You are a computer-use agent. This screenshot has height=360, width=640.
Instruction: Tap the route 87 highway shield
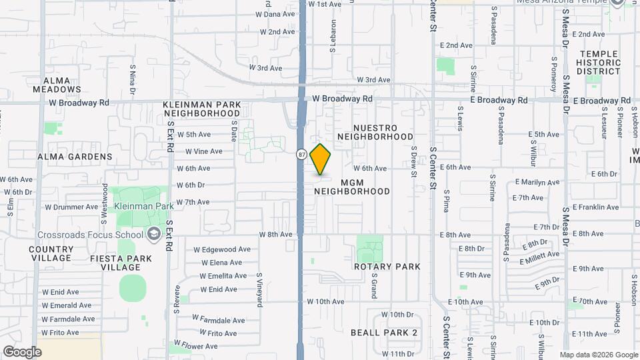click(x=302, y=155)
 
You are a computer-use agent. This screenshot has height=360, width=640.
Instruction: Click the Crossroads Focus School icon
click(x=154, y=234)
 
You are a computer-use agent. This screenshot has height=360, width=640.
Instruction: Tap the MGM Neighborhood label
click(x=351, y=187)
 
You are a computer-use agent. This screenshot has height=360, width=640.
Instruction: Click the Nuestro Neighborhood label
click(x=375, y=132)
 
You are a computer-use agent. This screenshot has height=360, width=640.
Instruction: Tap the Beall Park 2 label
click(x=384, y=332)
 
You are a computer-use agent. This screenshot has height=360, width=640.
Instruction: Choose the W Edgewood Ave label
click(x=222, y=249)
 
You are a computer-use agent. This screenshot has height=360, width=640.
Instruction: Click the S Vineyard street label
click(x=260, y=289)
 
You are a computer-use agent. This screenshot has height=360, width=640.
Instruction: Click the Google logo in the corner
click(x=22, y=351)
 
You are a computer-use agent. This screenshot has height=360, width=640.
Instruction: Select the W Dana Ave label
click(x=277, y=13)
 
